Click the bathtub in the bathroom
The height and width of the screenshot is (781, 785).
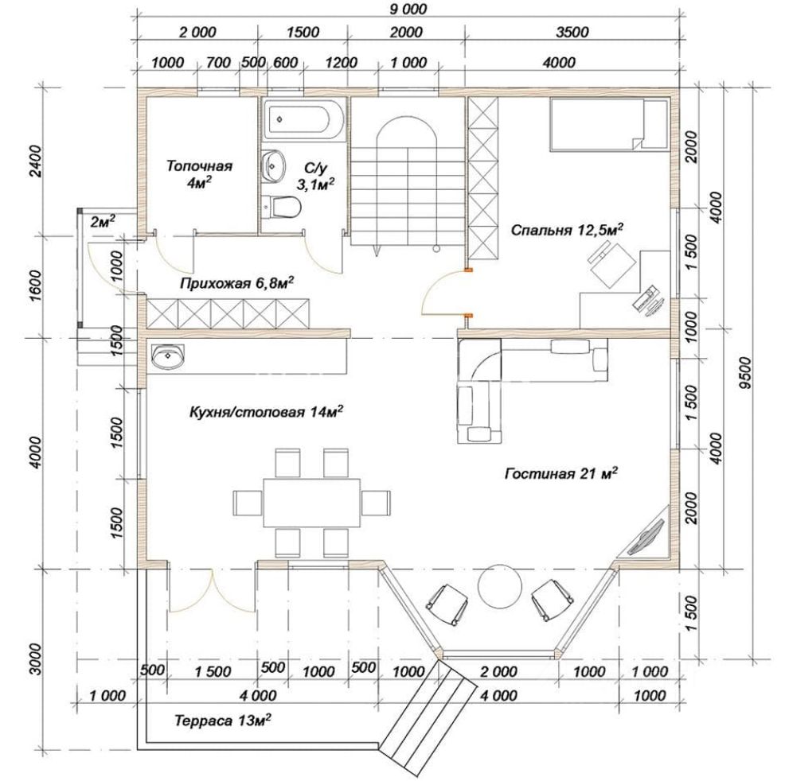[303, 120]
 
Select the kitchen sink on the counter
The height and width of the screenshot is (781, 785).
[168, 356]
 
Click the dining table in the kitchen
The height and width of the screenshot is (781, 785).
[312, 503]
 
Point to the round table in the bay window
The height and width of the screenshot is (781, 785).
[500, 586]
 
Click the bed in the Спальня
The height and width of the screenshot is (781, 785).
[609, 125]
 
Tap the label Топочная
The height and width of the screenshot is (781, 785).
[199, 165]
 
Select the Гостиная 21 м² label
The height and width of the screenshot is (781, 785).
[560, 472]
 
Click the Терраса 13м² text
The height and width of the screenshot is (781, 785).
[223, 720]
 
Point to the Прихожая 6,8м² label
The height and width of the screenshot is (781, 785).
[236, 283]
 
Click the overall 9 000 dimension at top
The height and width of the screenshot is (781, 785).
[408, 10]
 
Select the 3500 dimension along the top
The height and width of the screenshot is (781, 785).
[572, 32]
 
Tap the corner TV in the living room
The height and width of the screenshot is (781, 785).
[646, 537]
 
